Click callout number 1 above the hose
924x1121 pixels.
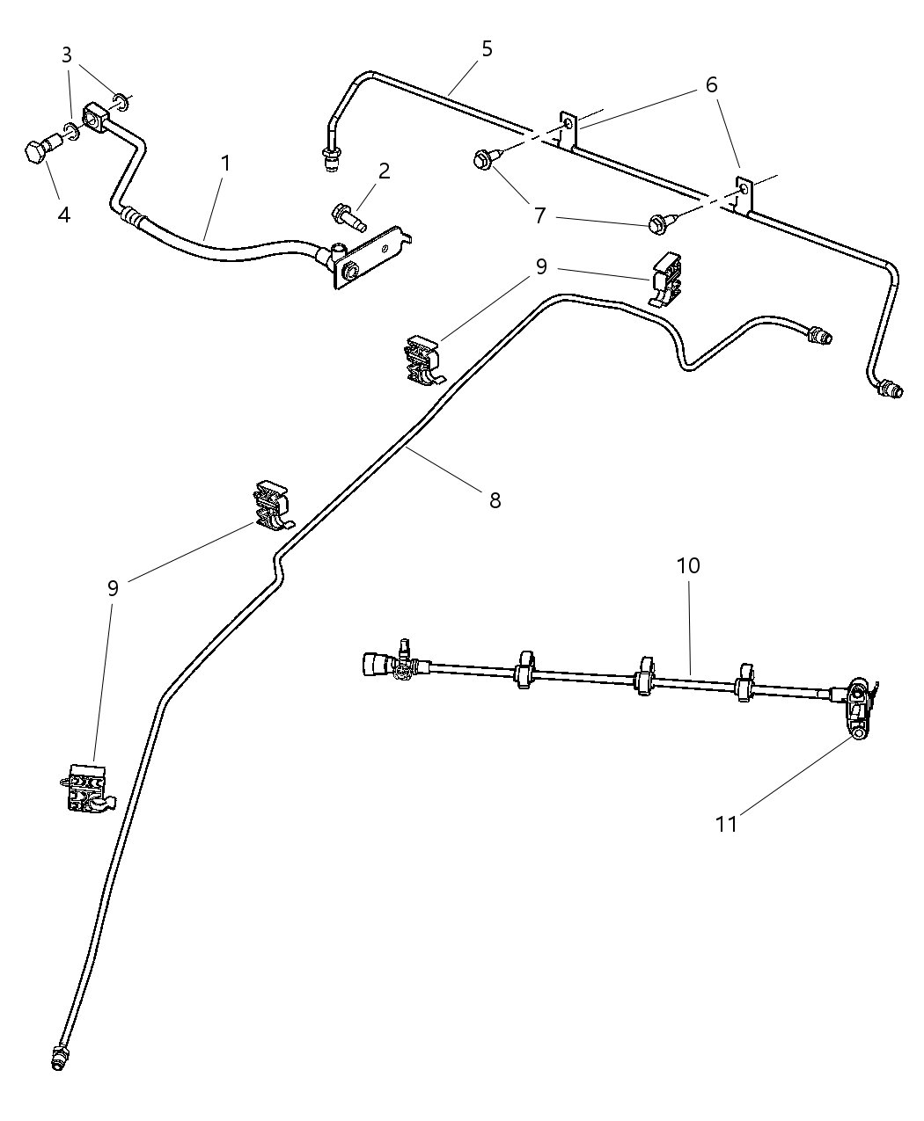click(x=226, y=164)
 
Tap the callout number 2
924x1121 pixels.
click(x=384, y=171)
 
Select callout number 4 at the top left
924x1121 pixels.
click(x=63, y=214)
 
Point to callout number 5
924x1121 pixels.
click(x=487, y=49)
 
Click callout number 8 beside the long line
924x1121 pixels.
click(x=495, y=500)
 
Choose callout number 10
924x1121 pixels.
click(x=688, y=566)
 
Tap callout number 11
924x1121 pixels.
click(x=726, y=824)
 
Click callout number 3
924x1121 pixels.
click(x=67, y=55)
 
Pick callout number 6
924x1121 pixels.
click(x=711, y=85)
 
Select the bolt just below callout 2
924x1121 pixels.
click(x=348, y=215)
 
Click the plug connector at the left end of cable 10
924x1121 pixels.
click(x=375, y=664)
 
